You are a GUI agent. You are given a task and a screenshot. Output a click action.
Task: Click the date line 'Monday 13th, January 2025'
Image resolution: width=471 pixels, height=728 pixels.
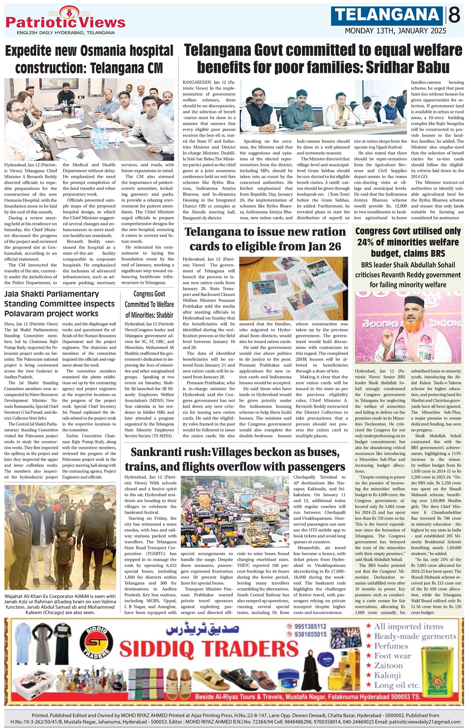(x=395, y=31)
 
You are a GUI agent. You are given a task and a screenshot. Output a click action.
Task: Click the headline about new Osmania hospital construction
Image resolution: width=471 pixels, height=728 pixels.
(x=89, y=60)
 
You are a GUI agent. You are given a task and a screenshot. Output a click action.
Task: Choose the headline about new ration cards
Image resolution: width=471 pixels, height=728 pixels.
(x=265, y=239)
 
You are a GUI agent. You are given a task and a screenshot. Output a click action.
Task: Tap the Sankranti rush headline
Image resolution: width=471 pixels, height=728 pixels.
(x=235, y=459)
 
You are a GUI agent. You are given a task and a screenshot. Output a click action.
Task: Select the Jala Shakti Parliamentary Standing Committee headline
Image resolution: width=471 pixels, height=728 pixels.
(x=60, y=304)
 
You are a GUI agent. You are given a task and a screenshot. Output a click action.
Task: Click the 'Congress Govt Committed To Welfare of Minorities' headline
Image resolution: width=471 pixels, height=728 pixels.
(x=149, y=304)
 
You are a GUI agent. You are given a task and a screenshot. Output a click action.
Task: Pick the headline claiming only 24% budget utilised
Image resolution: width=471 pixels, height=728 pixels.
(x=408, y=242)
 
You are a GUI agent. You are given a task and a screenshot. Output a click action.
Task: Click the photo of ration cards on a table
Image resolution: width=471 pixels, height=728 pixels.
(x=293, y=288)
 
